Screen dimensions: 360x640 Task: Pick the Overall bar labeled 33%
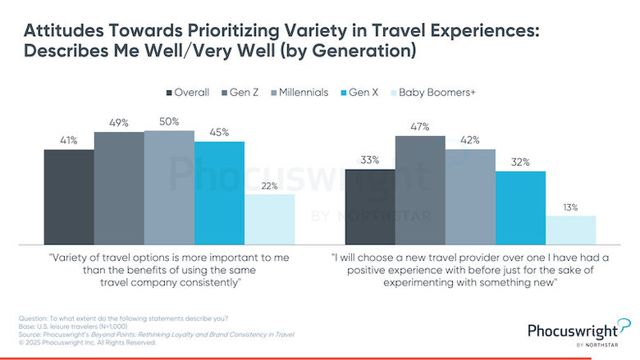pos(370,205)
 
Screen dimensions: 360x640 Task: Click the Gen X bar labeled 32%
pos(520,206)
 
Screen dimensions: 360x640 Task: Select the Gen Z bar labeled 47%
pos(420,189)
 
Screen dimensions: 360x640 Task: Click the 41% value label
pos(68,140)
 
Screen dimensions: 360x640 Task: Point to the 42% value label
pos(470,140)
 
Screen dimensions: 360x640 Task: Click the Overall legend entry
pos(188,92)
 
